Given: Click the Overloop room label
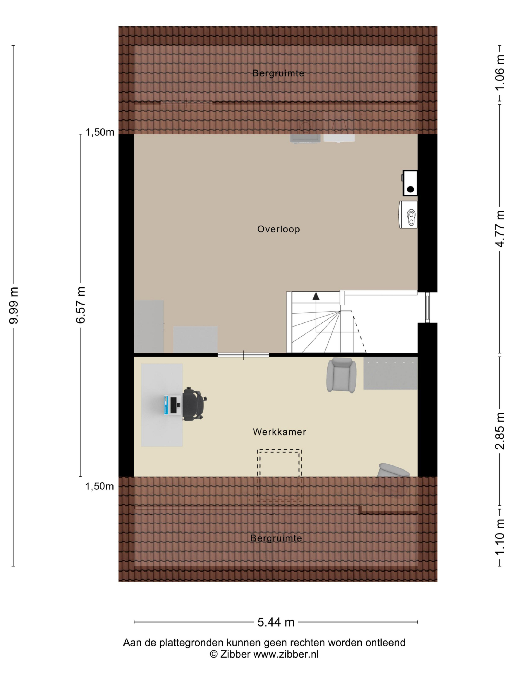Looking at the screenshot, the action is pos(278,229).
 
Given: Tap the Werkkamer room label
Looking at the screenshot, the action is pos(279,432).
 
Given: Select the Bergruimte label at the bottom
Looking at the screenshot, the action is pos(276,538).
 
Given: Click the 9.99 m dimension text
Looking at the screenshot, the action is pos(14,305).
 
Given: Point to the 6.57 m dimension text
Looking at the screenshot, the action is pos(80,305).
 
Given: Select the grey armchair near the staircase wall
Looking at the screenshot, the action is pos(341,375).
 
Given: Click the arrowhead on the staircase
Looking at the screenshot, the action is pos(316,296).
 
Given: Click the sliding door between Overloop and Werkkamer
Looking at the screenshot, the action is pos(243,355).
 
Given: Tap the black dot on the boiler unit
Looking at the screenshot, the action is pos(410,189).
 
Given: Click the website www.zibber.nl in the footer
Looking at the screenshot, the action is pos(286,654).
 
